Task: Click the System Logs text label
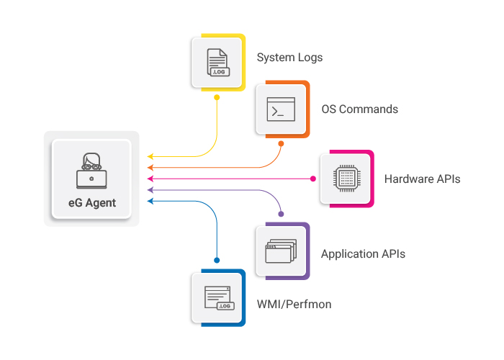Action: [289, 58]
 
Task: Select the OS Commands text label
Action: [359, 109]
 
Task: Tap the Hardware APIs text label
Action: [422, 179]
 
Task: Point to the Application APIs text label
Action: [363, 253]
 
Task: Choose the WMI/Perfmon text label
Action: [294, 305]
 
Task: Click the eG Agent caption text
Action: [91, 202]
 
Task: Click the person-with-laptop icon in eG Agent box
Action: [91, 171]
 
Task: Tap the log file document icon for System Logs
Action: [217, 63]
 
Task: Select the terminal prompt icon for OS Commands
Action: [281, 109]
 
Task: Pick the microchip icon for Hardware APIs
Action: [346, 178]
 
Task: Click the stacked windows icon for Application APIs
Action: [281, 252]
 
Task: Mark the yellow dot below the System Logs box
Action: [217, 97]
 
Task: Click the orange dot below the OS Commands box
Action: [281, 144]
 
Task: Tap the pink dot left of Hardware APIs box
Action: [313, 178]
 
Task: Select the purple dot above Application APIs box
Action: [281, 214]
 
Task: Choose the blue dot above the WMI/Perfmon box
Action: [217, 260]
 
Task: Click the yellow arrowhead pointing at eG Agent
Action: [150, 156]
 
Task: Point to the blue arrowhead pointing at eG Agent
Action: [150, 201]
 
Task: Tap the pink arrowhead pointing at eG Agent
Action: [150, 178]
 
